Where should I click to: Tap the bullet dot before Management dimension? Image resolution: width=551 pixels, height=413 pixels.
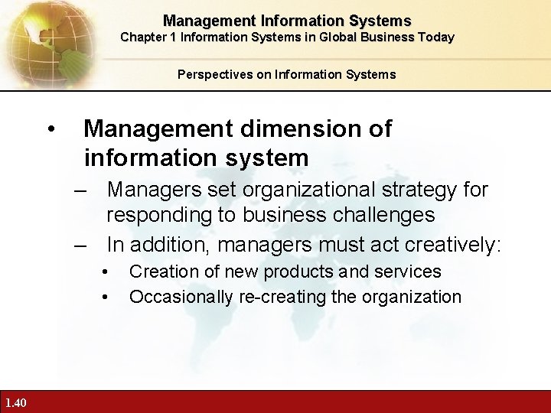click(51, 129)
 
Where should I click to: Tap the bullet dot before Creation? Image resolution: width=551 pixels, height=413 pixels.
click(105, 272)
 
